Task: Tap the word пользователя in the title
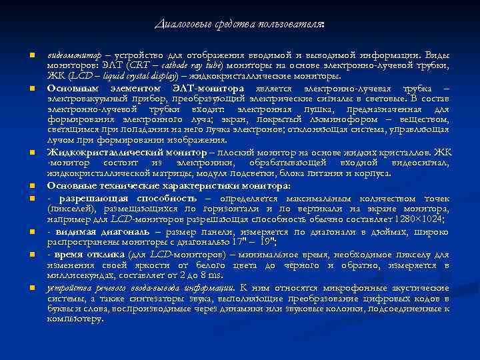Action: click(291, 25)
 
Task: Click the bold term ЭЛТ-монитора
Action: click(213, 89)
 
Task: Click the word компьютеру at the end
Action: click(75, 319)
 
